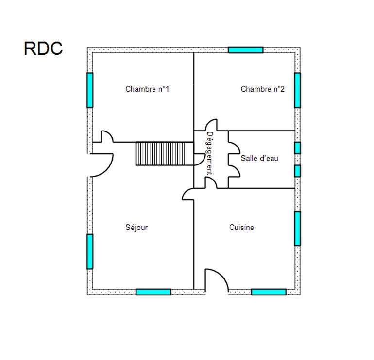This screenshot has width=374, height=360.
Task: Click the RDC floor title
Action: [43, 49]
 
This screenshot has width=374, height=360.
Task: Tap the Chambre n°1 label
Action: [147, 89]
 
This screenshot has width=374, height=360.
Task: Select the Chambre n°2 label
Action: [262, 89]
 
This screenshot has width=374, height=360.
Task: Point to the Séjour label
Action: [136, 228]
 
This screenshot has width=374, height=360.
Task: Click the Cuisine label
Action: [241, 228]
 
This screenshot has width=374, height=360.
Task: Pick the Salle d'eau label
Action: [259, 158]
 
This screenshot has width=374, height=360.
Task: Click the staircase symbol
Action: [165, 154]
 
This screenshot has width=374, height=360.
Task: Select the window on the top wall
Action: [245, 49]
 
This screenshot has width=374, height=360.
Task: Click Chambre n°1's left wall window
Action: [90, 90]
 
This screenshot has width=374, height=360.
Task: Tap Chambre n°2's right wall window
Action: [297, 90]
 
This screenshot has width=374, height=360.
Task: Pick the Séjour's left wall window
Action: [90, 251]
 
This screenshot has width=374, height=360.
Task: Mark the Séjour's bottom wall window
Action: [153, 292]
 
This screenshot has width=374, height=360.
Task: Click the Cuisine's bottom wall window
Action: [269, 292]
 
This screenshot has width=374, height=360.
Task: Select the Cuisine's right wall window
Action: [297, 228]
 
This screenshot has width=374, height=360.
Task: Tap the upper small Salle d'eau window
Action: [297, 147]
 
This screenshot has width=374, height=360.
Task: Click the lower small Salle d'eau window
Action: [297, 171]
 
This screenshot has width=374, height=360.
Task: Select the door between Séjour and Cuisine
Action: [189, 194]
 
